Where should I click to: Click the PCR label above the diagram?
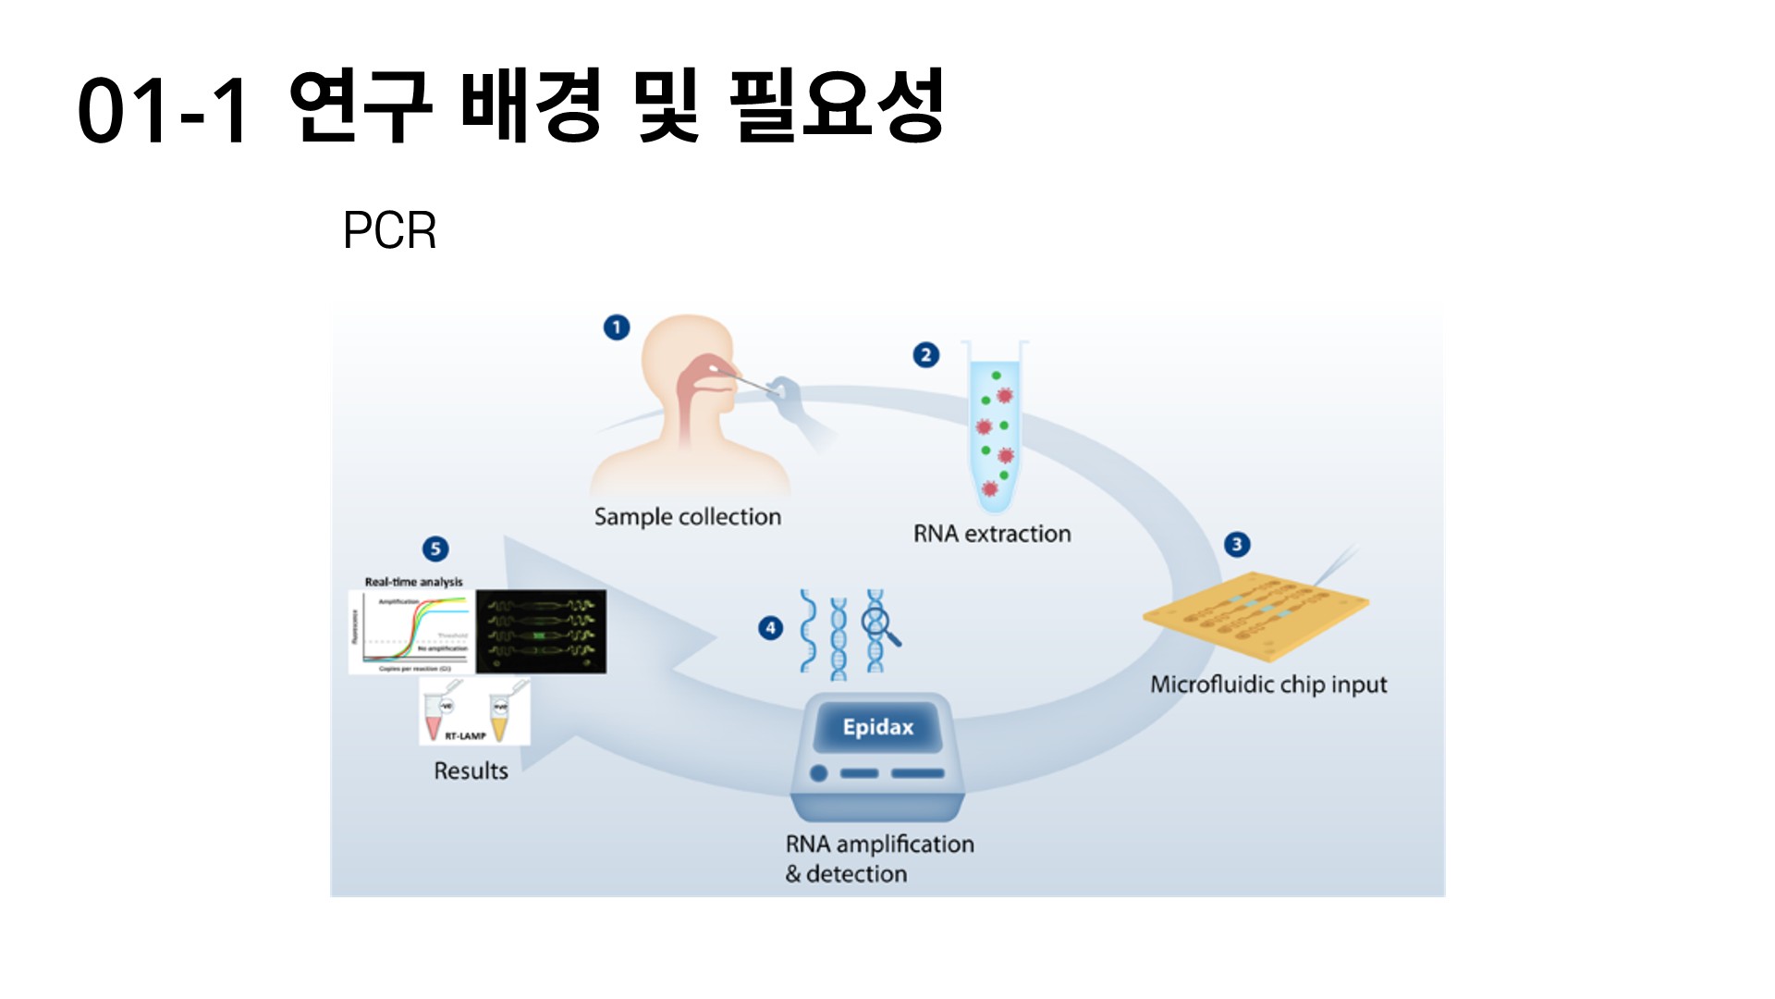[x=389, y=230]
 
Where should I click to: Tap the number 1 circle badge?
[x=617, y=327]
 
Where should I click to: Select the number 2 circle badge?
[x=925, y=355]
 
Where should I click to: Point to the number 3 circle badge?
[x=1237, y=544]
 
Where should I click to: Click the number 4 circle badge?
[x=770, y=628]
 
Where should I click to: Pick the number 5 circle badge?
[x=435, y=549]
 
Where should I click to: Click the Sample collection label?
[x=688, y=517]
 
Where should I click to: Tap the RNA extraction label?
[x=992, y=534]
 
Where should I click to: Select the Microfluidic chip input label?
[x=1268, y=684]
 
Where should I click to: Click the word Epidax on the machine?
[x=877, y=727]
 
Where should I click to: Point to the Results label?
[x=471, y=771]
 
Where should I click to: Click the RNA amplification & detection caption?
[x=878, y=858]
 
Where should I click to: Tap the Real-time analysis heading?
[x=413, y=582]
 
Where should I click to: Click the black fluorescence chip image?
[x=541, y=631]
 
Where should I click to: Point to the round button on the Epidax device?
[x=818, y=772]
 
